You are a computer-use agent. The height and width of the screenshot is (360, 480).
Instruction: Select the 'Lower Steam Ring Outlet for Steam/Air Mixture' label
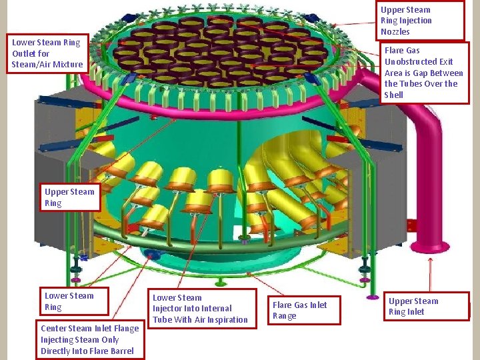[x=47, y=53]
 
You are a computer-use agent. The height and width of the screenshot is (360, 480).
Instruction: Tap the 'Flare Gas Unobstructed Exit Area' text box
[x=423, y=73]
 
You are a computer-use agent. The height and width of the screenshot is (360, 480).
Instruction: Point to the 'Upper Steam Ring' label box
[x=69, y=197]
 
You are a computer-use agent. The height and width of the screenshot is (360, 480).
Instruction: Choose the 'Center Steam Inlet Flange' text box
[x=90, y=339]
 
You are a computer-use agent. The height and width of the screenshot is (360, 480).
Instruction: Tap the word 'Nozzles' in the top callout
[x=395, y=32]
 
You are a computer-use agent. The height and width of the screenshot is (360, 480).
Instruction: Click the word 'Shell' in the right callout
[x=394, y=95]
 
